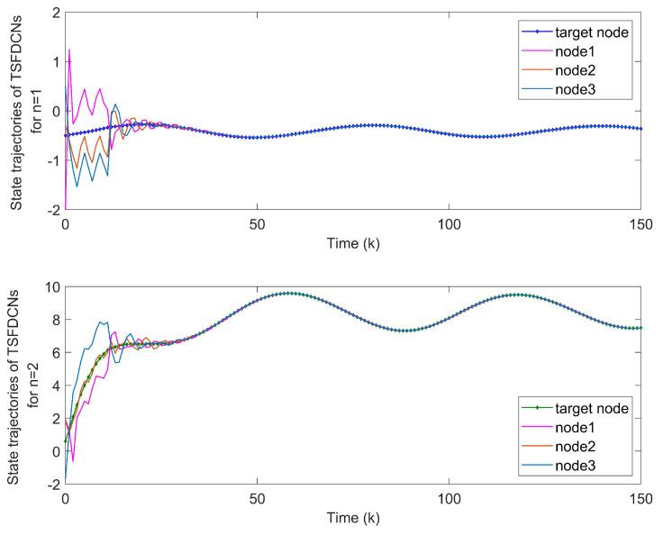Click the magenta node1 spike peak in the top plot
click(x=69, y=50)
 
